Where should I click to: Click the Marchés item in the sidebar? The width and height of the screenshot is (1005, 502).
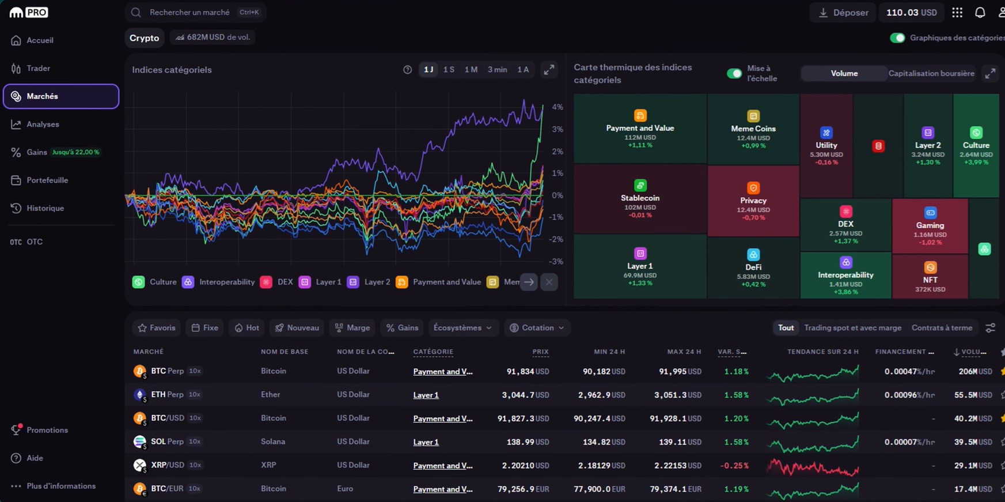coord(60,96)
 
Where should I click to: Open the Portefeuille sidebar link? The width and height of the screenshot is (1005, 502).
coord(47,180)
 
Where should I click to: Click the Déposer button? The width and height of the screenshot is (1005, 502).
coord(843,13)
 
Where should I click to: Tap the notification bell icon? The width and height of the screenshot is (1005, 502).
coord(980,13)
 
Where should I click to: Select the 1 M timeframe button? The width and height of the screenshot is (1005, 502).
coord(471,70)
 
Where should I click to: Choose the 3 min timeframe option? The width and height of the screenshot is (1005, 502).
coord(497,70)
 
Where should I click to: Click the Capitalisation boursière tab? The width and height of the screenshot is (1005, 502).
coord(931,73)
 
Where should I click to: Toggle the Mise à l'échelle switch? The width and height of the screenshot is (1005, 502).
coord(734,73)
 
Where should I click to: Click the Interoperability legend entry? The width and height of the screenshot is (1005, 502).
coord(219,282)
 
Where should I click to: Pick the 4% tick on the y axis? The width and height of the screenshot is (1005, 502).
coord(557,107)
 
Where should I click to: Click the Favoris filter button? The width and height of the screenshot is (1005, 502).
coord(156,328)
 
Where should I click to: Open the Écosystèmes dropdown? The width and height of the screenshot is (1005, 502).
coord(462,328)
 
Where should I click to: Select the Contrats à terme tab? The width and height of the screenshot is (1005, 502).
coord(941,328)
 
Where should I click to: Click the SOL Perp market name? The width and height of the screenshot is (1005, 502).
coord(166,441)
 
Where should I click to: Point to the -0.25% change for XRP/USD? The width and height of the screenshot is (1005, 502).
coord(734,465)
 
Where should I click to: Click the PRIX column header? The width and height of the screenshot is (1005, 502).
coord(540,352)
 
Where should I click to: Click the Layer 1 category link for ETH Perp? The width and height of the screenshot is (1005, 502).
coord(426,395)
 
